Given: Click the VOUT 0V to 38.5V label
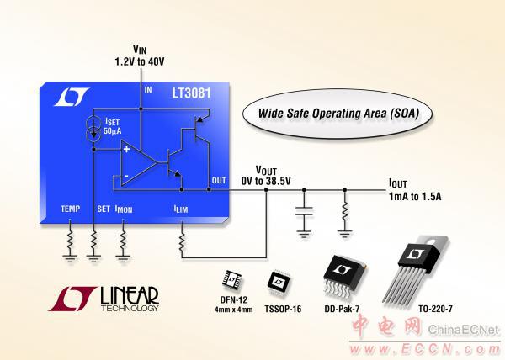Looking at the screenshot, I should pos(266,175).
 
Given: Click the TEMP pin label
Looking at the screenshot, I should pos(71,208).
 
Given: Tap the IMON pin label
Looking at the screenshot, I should pos(124,209).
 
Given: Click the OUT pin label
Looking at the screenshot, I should pos(219,179).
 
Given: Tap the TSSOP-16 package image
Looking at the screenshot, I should pos(279,280).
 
